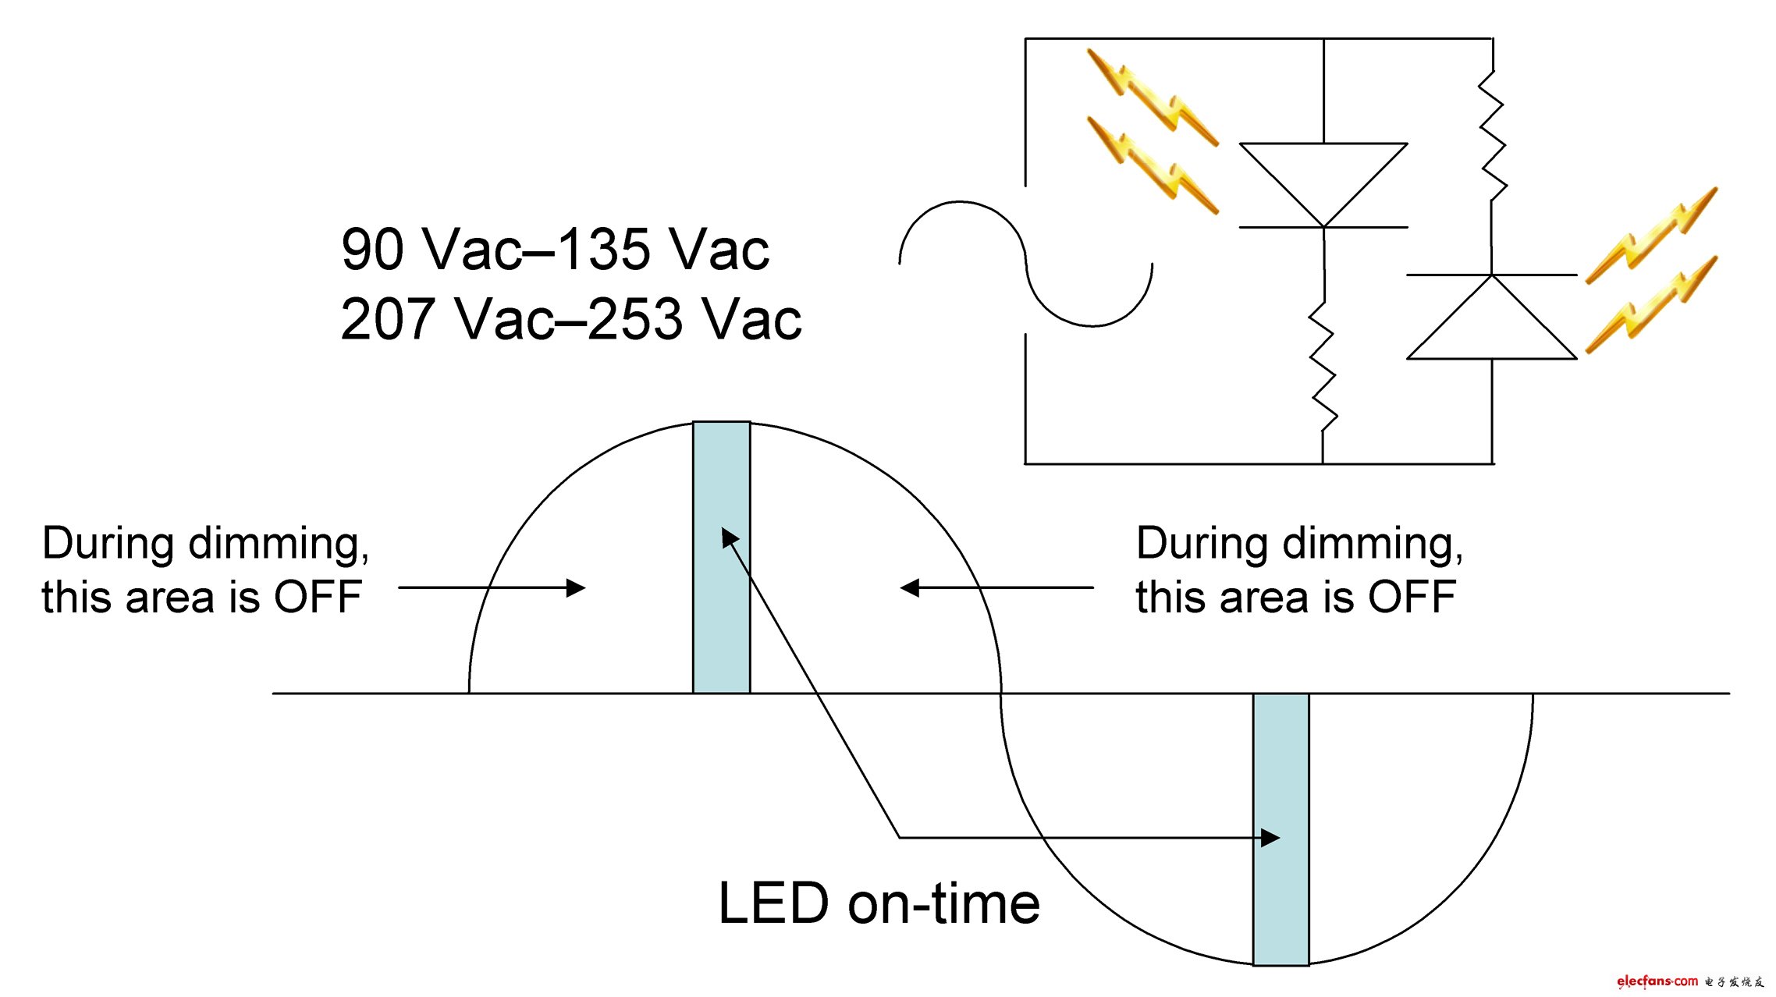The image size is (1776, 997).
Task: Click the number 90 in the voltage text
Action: point(371,250)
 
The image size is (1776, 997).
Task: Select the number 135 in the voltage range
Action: point(604,250)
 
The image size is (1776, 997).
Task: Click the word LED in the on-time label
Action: point(773,903)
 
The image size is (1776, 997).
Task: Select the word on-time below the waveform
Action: point(944,903)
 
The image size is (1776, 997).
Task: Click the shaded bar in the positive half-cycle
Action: point(722,557)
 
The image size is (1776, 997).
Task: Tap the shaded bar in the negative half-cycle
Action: point(1281,829)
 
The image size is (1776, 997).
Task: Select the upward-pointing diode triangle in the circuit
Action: point(1492,317)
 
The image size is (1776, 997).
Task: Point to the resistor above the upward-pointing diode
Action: point(1492,137)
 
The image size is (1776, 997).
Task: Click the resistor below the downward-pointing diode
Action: point(1323,367)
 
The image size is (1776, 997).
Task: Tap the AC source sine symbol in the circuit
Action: point(1026,264)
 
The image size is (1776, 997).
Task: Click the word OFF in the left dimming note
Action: point(318,598)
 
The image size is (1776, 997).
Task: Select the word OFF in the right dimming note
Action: point(1412,598)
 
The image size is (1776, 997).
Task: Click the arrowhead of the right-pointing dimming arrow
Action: point(577,587)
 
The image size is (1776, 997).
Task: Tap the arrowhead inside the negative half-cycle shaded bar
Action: point(1271,838)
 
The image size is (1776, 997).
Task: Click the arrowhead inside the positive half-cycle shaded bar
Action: point(730,538)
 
